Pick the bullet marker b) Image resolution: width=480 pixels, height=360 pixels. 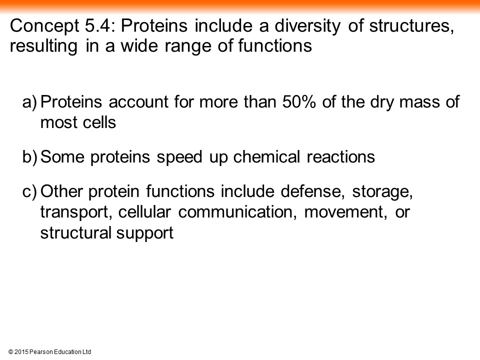29,157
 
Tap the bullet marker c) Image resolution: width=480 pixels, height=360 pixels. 29,192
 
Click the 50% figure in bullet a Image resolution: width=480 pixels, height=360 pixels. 299,102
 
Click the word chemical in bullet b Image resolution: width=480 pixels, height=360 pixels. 266,156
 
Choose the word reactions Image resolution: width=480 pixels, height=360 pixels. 340,157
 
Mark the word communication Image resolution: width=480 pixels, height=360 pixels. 237,212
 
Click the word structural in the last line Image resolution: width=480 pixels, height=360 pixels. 76,233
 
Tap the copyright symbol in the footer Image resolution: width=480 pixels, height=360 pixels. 10,352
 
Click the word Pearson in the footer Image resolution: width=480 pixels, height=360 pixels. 41,352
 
